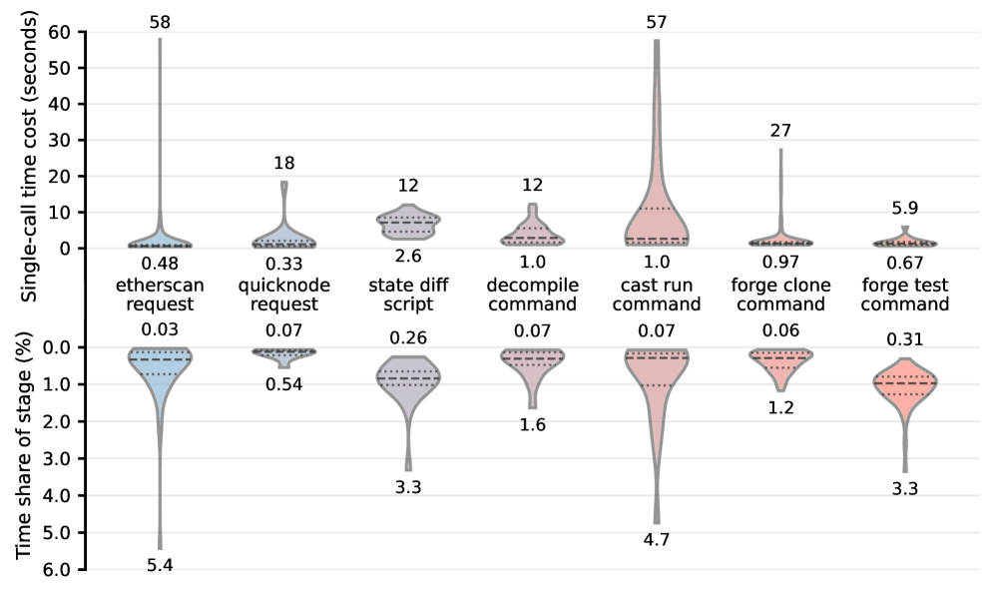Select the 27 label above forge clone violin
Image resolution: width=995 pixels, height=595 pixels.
pos(779,130)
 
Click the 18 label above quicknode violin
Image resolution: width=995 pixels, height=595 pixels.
pos(284,163)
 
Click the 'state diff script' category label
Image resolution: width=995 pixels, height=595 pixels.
pos(408,295)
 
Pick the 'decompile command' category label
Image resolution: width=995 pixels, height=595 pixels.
pos(532,295)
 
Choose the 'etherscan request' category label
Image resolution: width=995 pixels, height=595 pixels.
pos(160,295)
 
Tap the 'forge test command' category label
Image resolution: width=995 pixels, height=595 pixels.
pos(904,295)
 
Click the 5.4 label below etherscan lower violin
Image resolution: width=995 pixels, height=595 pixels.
pos(160,566)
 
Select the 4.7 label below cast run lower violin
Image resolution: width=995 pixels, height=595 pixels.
pos(656,540)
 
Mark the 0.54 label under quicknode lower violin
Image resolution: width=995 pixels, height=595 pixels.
pos(284,383)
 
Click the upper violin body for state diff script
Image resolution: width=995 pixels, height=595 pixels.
pos(408,223)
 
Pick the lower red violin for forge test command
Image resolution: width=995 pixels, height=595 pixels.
pos(904,383)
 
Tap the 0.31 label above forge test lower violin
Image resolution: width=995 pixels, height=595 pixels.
pos(904,340)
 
